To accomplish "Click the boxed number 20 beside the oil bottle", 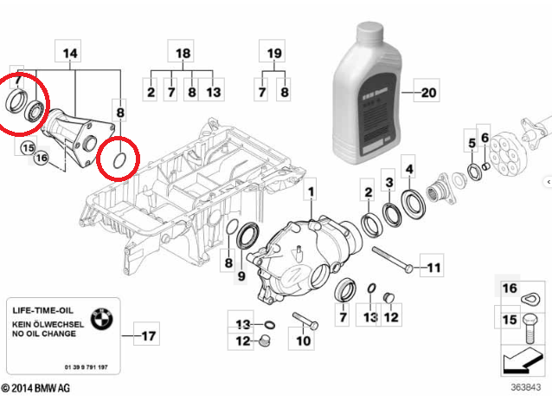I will (428, 89).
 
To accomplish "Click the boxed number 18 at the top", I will (183, 53).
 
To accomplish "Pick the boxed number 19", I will (274, 53).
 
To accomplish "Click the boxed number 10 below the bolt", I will (304, 341).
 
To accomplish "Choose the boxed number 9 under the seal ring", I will (241, 276).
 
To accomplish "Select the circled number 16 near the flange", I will (41, 158).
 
